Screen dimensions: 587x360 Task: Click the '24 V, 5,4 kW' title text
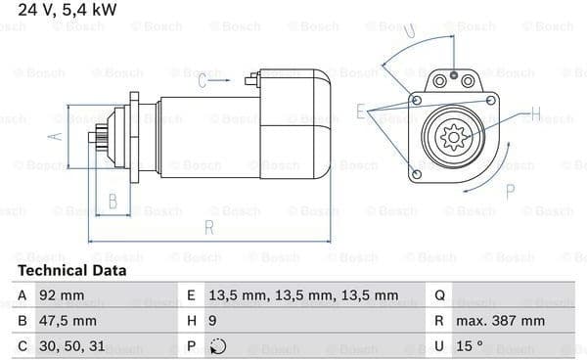coord(68,10)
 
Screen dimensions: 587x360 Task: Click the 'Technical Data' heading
coord(72,271)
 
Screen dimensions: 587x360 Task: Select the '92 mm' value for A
coord(62,295)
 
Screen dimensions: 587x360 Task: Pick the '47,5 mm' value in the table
coord(68,321)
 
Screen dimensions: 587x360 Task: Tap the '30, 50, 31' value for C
coord(71,346)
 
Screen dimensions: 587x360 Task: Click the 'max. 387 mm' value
coord(500,321)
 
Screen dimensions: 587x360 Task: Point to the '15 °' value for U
coord(470,346)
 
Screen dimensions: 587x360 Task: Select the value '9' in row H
coord(212,321)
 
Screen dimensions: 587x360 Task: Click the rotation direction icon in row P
coord(218,346)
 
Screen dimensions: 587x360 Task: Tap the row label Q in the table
coord(439,296)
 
